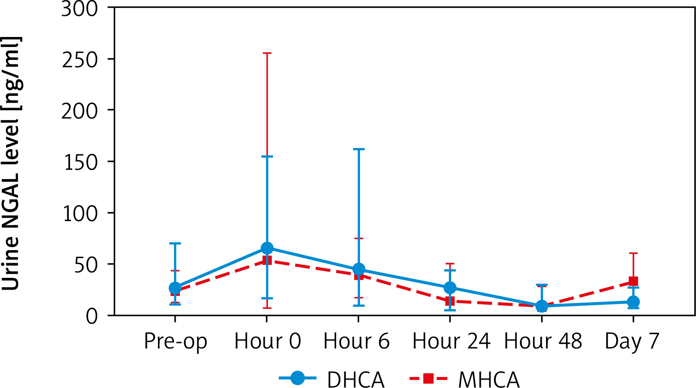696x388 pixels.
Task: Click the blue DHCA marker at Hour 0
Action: coord(267,248)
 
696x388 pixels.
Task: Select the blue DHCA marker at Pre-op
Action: coord(175,288)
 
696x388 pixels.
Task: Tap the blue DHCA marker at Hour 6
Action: coord(359,269)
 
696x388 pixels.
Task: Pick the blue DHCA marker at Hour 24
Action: coord(450,288)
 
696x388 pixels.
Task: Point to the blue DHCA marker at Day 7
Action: coord(633,302)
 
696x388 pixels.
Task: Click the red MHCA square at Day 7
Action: coord(633,281)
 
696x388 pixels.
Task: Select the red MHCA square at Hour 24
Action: coord(450,301)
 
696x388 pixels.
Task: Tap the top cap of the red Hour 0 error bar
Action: coord(267,53)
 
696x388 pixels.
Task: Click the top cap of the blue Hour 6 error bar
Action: coord(359,149)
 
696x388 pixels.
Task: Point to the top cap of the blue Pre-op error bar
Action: coord(175,243)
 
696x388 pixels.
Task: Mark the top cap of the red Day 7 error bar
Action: coord(633,253)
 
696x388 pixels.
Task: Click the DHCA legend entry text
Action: coord(355,379)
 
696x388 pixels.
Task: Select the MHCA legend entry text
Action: coord(489,379)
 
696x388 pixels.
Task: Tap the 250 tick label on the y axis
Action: coord(80,60)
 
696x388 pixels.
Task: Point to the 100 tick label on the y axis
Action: coord(80,214)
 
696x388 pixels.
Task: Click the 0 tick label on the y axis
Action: coord(92,316)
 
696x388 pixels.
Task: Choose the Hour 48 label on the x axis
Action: coord(543,341)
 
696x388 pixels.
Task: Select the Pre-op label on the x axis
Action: coord(176,341)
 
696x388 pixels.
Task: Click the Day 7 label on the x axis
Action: coord(632,341)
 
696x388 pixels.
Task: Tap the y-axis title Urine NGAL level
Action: coord(12,164)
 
